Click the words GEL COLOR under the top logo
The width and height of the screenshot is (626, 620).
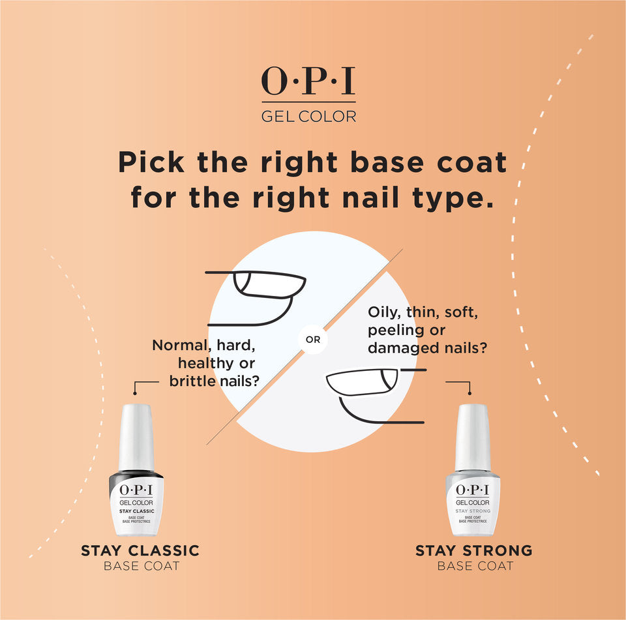tap(308, 117)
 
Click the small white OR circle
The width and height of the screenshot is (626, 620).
tap(313, 340)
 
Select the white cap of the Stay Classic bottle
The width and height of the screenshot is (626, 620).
tap(136, 434)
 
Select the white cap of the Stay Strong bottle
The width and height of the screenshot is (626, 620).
tap(473, 435)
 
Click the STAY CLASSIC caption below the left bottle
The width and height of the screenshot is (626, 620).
tap(140, 551)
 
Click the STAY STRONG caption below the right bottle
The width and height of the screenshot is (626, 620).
tap(474, 551)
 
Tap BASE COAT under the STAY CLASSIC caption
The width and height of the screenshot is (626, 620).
tap(141, 566)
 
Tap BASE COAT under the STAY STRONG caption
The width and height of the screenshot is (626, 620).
tap(475, 566)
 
